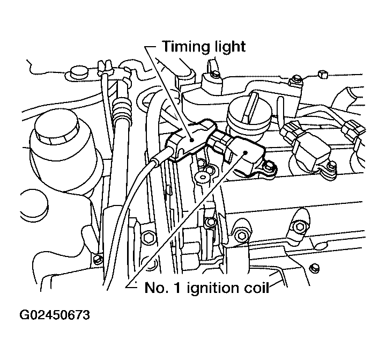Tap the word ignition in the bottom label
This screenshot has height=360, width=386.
pyautogui.click(x=212, y=288)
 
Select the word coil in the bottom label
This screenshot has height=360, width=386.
pyautogui.click(x=256, y=288)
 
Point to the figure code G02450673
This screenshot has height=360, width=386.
pyautogui.click(x=55, y=315)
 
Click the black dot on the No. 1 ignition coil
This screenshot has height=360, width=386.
pyautogui.click(x=245, y=152)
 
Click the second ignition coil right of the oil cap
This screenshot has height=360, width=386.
pyautogui.click(x=310, y=149)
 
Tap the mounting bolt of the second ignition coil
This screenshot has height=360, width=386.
pyautogui.click(x=332, y=166)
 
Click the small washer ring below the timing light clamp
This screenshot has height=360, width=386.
pyautogui.click(x=203, y=177)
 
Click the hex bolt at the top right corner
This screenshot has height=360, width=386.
pyautogui.click(x=323, y=74)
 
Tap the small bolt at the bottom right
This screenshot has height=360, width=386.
pyautogui.click(x=314, y=268)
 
